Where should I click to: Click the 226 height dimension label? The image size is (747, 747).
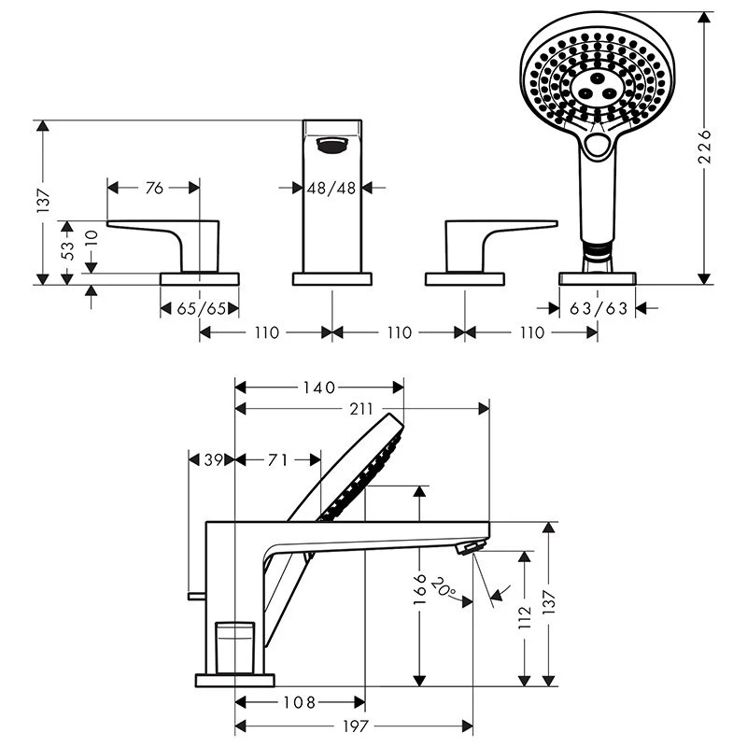pyautogui.click(x=705, y=146)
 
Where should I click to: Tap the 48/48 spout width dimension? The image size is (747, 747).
pyautogui.click(x=331, y=189)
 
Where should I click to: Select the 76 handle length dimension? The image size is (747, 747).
pyautogui.click(x=154, y=189)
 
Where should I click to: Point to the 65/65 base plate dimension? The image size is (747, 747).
pyautogui.click(x=201, y=309)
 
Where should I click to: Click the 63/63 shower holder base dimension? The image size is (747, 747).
pyautogui.click(x=599, y=309)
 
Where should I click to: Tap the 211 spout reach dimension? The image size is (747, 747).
pyautogui.click(x=361, y=409)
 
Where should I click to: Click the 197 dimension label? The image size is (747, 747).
pyautogui.click(x=356, y=726)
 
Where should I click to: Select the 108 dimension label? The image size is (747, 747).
pyautogui.click(x=300, y=702)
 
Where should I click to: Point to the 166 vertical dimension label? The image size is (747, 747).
pyautogui.click(x=419, y=589)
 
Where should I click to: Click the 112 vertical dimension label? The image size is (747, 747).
pyautogui.click(x=525, y=617)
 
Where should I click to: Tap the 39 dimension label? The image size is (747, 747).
pyautogui.click(x=214, y=459)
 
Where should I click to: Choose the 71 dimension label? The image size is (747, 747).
pyautogui.click(x=277, y=459)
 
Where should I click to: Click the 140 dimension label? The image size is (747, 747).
pyautogui.click(x=319, y=388)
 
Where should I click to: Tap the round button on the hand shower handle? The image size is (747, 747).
pyautogui.click(x=597, y=144)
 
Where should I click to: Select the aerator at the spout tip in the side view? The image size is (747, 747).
pyautogui.click(x=471, y=547)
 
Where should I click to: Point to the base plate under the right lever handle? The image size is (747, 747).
pyautogui.click(x=464, y=279)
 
